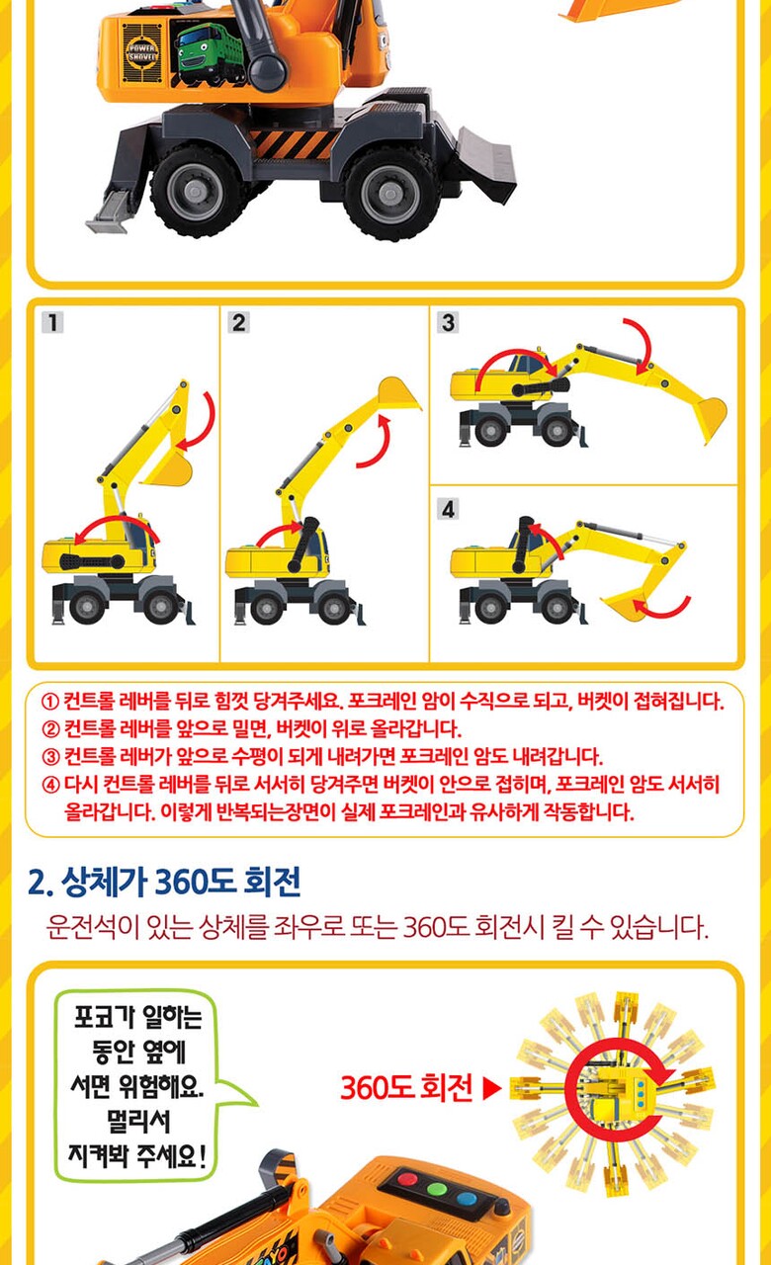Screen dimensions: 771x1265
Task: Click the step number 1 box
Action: [52, 323]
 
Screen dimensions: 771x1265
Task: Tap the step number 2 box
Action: [239, 323]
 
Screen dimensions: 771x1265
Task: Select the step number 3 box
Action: [448, 323]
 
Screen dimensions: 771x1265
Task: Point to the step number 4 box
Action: [448, 509]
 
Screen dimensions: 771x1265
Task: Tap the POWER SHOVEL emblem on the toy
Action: [141, 53]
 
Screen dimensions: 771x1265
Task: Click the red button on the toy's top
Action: [408, 1180]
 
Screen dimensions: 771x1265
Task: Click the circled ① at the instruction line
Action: [50, 702]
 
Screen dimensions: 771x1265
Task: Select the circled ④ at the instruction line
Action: [50, 785]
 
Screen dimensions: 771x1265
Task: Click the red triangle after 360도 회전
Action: [492, 1088]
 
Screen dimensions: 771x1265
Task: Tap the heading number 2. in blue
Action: [41, 883]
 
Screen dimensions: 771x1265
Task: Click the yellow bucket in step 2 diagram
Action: [399, 392]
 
